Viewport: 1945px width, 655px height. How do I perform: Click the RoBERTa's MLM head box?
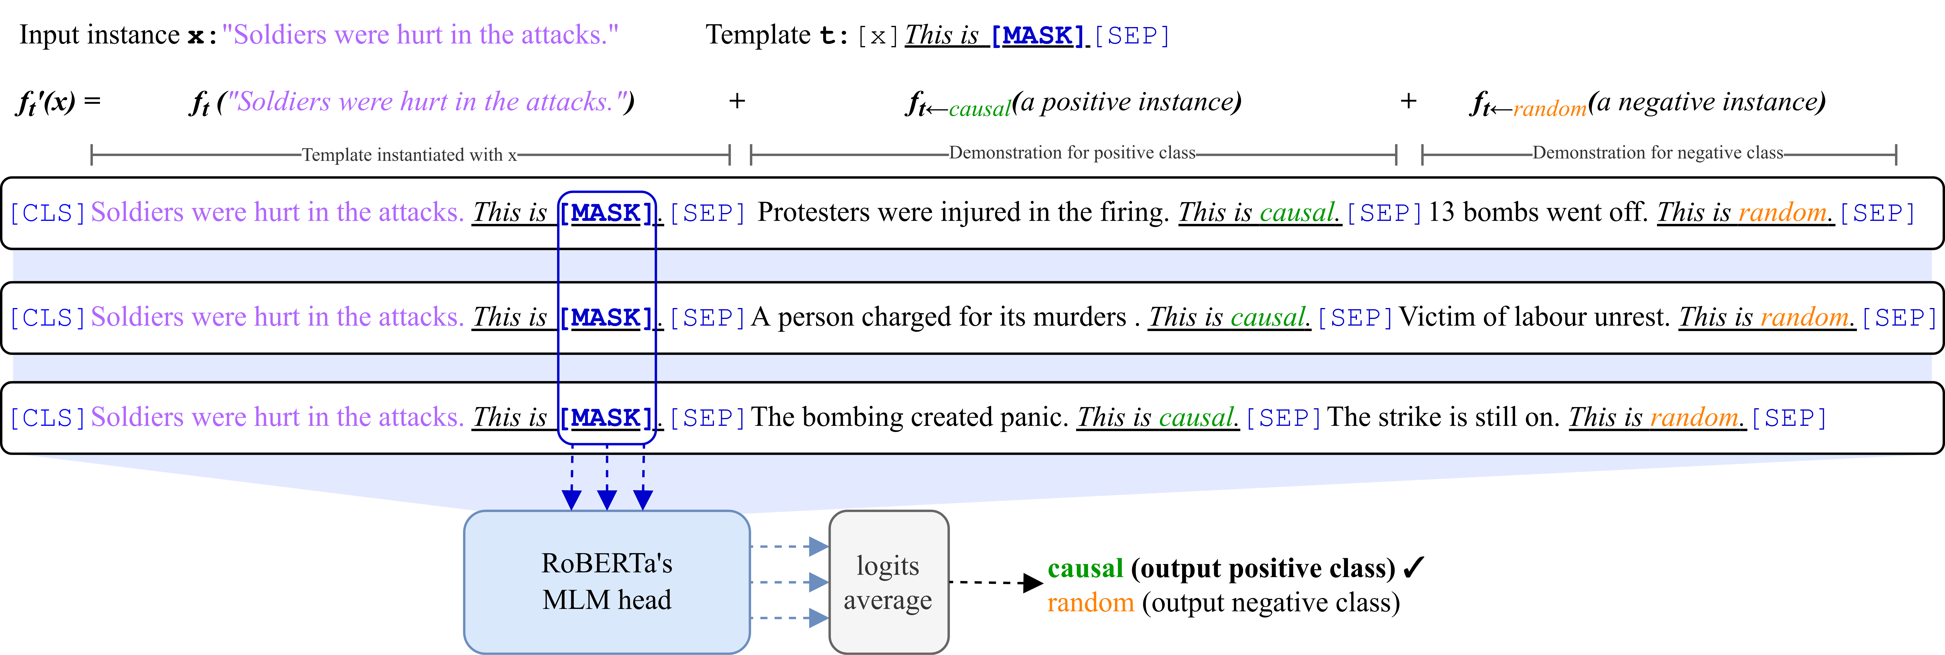coord(606,582)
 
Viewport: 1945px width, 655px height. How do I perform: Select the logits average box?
coord(888,582)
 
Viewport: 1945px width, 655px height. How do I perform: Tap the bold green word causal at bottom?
coord(1085,568)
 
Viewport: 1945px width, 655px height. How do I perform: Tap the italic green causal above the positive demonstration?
coord(979,109)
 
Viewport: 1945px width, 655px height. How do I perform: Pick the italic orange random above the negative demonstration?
coord(1549,109)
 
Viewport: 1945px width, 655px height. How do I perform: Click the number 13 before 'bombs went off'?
coord(1441,212)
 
